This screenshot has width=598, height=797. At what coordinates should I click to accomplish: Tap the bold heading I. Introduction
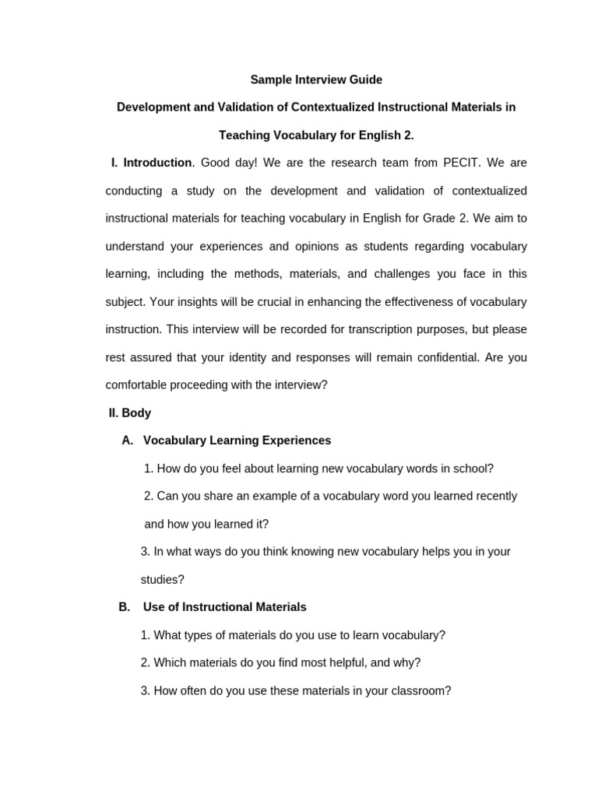click(151, 163)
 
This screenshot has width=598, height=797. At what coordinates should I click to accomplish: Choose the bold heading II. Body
click(130, 413)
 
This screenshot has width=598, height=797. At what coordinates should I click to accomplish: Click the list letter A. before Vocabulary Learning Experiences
click(128, 441)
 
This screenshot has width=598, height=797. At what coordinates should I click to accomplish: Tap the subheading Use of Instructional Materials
click(225, 607)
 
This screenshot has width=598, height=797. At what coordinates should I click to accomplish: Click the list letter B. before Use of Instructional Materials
click(125, 607)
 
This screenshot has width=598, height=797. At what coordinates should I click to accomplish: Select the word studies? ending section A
click(163, 579)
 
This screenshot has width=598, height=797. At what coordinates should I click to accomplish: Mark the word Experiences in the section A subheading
click(299, 441)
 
